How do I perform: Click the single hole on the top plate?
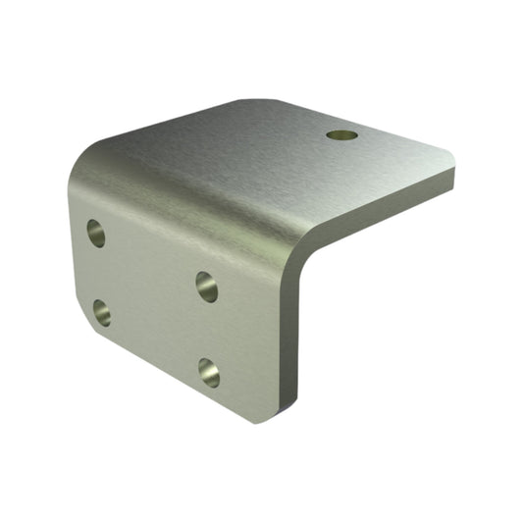341,134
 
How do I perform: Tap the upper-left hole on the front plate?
96,233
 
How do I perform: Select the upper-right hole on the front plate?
207,286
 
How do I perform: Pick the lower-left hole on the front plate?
102,313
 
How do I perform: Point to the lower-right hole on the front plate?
209,371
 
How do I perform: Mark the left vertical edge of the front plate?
75,255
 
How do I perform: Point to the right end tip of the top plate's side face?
452,179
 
